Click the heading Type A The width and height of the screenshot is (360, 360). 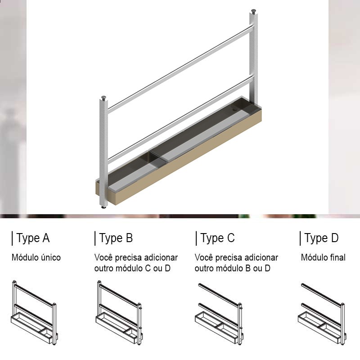click(33, 238)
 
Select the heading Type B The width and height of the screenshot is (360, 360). click(116, 238)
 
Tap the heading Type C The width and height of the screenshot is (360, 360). click(217, 238)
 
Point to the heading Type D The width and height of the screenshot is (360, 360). click(321, 238)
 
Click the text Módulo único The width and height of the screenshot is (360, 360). click(36, 257)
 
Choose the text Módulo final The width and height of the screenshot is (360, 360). click(323, 257)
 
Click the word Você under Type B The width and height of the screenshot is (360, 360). click(103, 257)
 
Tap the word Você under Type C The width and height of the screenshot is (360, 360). click(204, 257)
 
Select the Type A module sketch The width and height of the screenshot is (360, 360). click(35, 313)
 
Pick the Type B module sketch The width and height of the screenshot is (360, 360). click(119, 313)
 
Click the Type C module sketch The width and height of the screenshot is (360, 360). click(219, 314)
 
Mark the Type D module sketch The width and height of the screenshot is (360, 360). click(322, 314)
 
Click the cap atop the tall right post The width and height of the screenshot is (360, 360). click(253, 11)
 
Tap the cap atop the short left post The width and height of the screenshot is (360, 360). click(103, 98)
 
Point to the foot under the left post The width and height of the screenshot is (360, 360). click(104, 207)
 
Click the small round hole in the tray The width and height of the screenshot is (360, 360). click(235, 110)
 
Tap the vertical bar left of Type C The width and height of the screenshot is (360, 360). click(196, 238)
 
